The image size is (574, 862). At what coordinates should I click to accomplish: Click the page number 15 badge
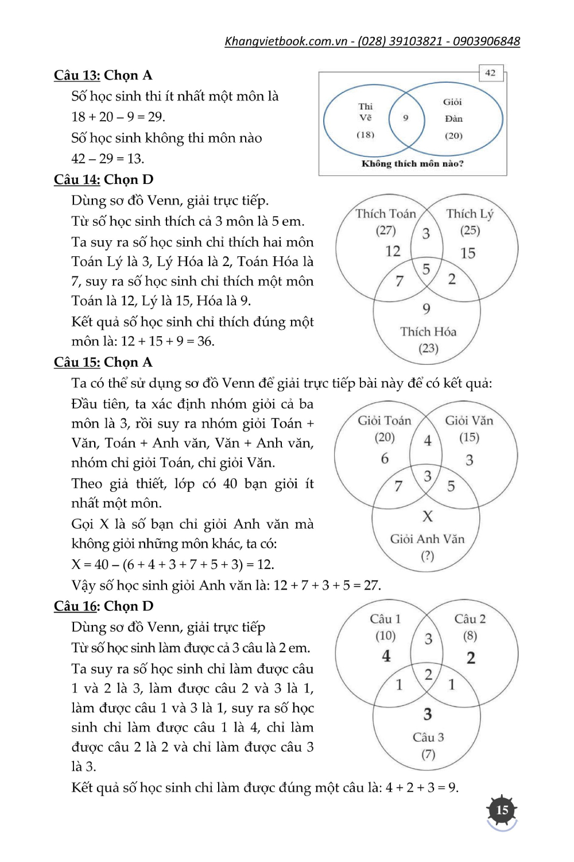click(x=502, y=810)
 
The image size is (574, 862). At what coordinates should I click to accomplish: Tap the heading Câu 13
click(x=77, y=75)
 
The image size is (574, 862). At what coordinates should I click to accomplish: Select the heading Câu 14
click(x=77, y=180)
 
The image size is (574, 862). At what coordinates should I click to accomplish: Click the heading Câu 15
click(x=77, y=363)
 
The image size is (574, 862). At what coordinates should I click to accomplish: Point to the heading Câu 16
click(x=77, y=606)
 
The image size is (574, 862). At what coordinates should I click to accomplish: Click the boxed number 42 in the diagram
click(x=490, y=73)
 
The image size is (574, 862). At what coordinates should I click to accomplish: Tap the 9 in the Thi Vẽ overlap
click(x=406, y=118)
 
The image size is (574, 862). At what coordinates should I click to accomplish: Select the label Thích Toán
click(x=386, y=214)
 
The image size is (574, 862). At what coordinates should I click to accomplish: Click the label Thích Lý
click(x=470, y=214)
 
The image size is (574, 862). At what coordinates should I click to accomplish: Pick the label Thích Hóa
click(x=428, y=332)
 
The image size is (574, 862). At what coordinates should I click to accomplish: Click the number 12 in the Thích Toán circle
click(x=393, y=251)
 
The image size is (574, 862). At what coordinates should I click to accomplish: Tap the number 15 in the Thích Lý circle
click(x=468, y=253)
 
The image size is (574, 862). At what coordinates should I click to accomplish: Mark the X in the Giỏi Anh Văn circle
click(x=428, y=517)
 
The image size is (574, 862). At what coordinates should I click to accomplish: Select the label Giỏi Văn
click(x=469, y=421)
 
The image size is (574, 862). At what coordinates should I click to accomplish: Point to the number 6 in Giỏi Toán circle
click(x=385, y=458)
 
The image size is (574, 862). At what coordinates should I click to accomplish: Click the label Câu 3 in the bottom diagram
click(x=428, y=737)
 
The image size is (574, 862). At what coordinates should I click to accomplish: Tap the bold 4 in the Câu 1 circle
click(x=386, y=656)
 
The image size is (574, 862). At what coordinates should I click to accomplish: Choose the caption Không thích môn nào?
click(x=412, y=164)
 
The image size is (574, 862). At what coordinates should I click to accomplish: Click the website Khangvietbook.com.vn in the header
click(x=286, y=41)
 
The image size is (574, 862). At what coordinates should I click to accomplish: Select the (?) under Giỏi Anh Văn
click(x=428, y=556)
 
